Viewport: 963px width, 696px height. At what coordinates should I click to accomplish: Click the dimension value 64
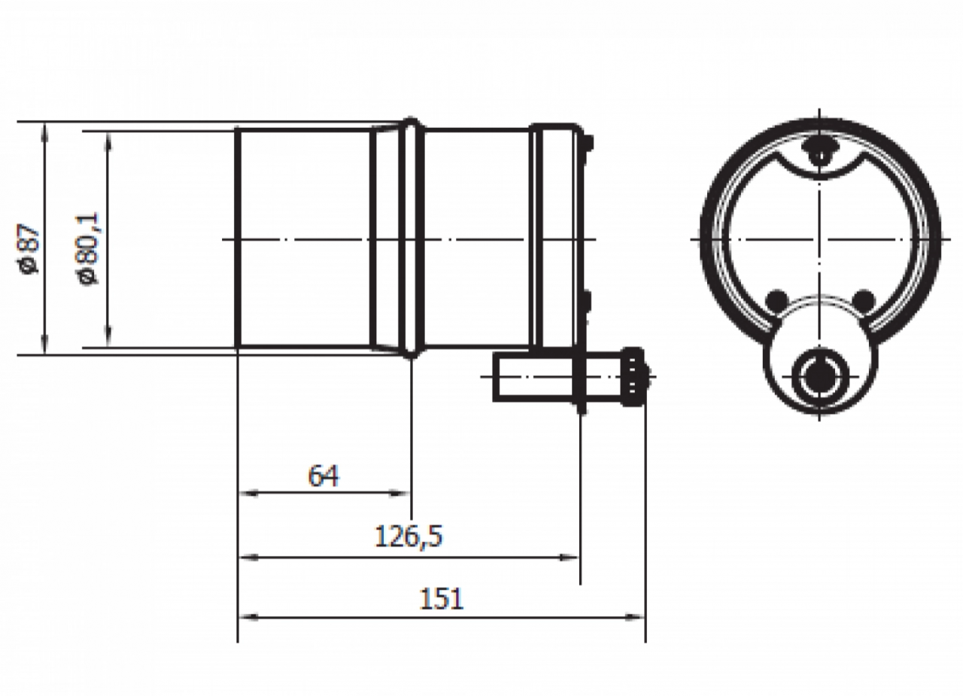[324, 476]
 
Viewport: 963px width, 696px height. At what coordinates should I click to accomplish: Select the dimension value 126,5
[409, 536]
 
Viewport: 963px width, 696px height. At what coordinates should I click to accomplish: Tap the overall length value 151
[442, 598]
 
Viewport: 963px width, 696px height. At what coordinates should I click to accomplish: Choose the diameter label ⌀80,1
[89, 248]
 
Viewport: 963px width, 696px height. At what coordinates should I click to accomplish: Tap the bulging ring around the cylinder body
[411, 238]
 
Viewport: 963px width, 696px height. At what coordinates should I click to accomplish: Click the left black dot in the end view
[776, 300]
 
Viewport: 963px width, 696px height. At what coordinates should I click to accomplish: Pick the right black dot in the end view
[864, 300]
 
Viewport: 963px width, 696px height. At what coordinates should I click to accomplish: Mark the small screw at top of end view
[818, 150]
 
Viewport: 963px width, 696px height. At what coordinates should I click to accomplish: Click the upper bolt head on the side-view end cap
[588, 142]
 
